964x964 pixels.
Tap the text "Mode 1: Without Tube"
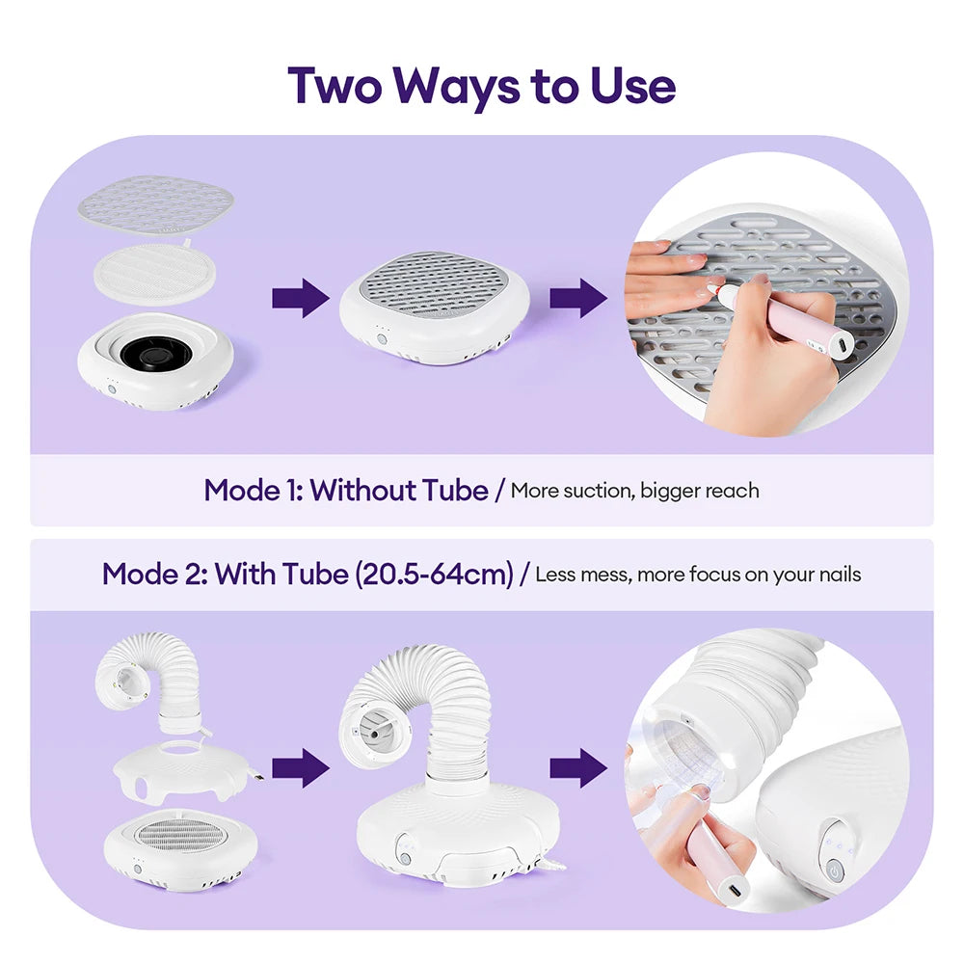pos(345,490)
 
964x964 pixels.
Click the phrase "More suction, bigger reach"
pos(634,491)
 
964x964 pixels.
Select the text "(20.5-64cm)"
pos(434,575)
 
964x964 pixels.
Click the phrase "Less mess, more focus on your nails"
pos(698,576)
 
